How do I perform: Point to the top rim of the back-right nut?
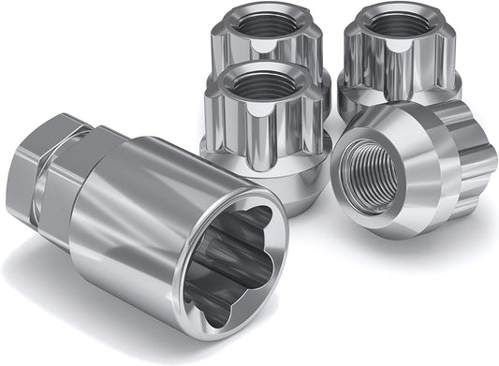coord(397,7)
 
